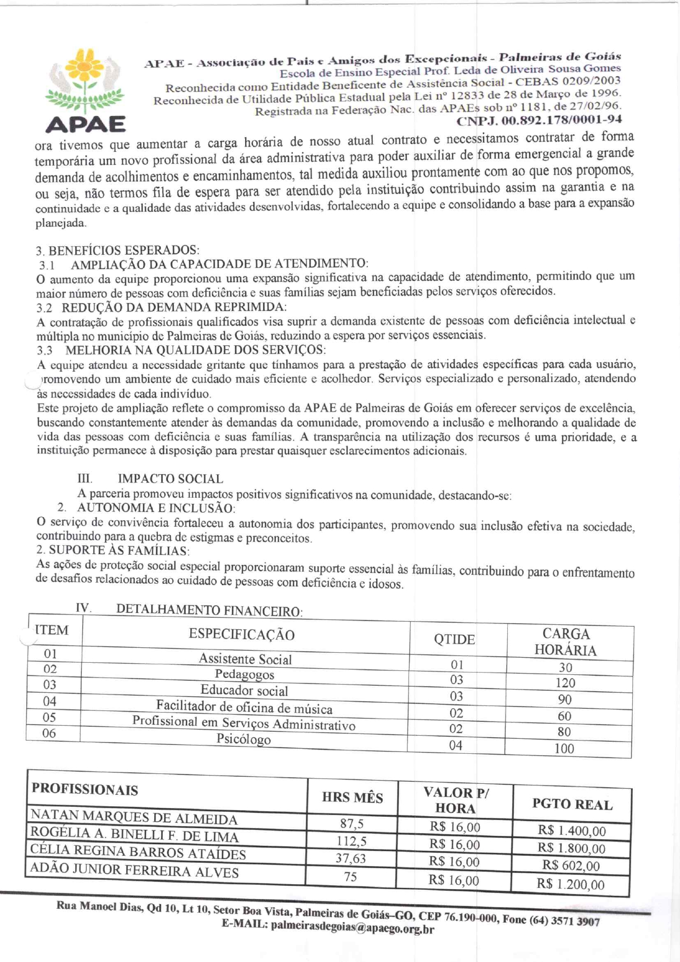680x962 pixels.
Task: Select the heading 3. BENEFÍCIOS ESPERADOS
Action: coord(117,251)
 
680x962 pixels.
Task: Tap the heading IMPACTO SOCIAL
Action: coord(170,479)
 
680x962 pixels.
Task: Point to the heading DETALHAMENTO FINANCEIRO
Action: coord(209,610)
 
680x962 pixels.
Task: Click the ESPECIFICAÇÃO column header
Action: coord(242,635)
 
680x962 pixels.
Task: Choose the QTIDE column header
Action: coord(454,640)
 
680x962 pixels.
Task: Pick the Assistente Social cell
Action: coord(245,659)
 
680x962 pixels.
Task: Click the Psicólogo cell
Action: coord(243,739)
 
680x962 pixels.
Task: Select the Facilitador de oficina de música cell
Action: coord(244,707)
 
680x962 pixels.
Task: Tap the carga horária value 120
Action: coord(565,683)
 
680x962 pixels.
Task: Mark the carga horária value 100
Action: coord(564,748)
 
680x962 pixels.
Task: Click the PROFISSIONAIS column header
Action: coord(85,789)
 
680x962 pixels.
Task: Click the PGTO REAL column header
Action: coord(572,804)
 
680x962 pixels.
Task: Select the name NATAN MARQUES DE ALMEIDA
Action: coord(134,817)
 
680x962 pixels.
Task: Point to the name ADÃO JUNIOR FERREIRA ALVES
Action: coord(134,870)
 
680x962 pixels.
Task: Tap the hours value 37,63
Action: coord(350,858)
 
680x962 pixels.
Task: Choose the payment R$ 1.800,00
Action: coord(571,849)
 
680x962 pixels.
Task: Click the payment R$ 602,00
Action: coord(571,866)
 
